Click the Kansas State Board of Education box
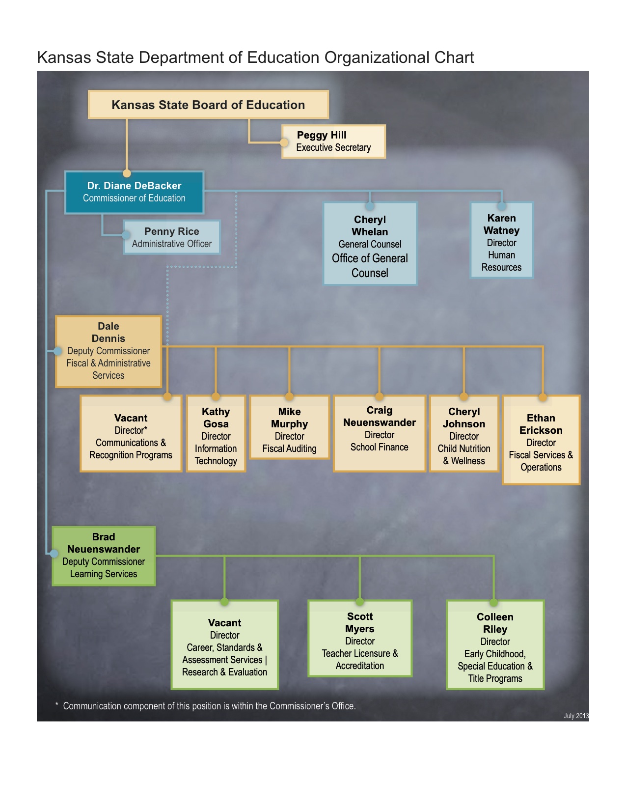[x=208, y=105]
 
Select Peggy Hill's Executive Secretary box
[x=333, y=141]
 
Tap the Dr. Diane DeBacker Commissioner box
[x=134, y=192]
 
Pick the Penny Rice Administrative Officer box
[x=171, y=237]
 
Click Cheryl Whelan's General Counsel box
[x=370, y=244]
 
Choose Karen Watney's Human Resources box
[x=501, y=241]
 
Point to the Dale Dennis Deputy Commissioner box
[x=109, y=351]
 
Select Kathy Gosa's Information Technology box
[x=216, y=434]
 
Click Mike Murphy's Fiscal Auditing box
[x=289, y=428]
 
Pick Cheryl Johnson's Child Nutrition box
[x=464, y=434]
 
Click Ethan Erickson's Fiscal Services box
[x=541, y=441]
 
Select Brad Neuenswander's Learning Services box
[x=104, y=556]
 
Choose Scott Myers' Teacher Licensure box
[x=360, y=639]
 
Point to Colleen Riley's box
[x=495, y=645]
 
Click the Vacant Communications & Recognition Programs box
[x=131, y=434]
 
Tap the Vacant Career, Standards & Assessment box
[x=224, y=645]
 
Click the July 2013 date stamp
[x=576, y=716]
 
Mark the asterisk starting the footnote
[x=57, y=705]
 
